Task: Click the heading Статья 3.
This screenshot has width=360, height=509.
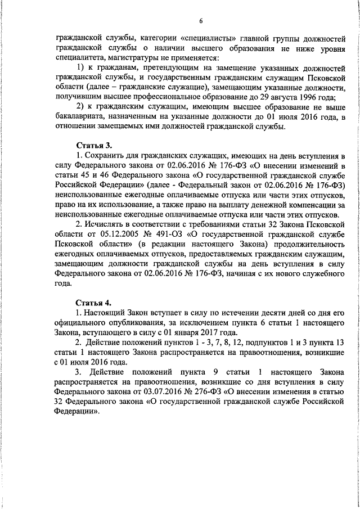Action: tap(92, 145)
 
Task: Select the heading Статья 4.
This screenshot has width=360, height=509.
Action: tap(92, 303)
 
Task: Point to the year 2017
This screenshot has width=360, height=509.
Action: tap(192, 332)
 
